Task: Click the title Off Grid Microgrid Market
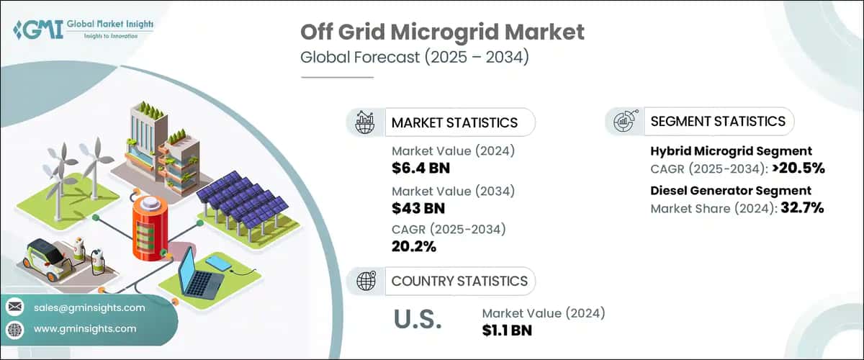pos(441,32)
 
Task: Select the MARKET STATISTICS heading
pos(454,122)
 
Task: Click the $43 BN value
pos(418,208)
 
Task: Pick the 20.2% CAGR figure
pos(414,247)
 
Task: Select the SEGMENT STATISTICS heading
pos(717,122)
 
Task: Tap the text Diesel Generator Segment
pos(731,191)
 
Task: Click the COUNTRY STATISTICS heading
pos(459,281)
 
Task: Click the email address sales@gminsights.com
pos(89,307)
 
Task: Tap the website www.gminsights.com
pos(84,328)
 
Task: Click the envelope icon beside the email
pos(14,307)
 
